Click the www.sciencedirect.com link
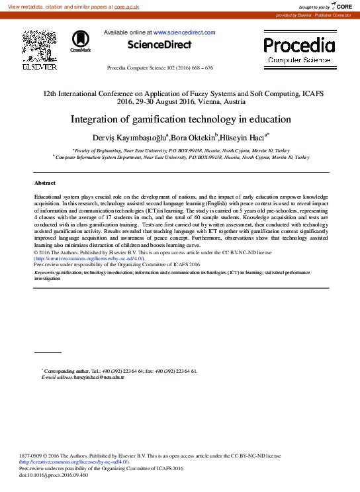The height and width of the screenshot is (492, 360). pyautogui.click(x=184, y=32)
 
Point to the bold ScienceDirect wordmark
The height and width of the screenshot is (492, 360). pyautogui.click(x=159, y=45)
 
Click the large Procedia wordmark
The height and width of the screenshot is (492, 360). pyautogui.click(x=299, y=46)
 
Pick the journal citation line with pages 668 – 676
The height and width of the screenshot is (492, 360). pyautogui.click(x=159, y=68)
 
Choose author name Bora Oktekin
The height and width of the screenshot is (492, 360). pyautogui.click(x=193, y=138)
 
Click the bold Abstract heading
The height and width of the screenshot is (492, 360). pyautogui.click(x=45, y=182)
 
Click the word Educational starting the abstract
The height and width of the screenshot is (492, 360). pyautogui.click(x=51, y=197)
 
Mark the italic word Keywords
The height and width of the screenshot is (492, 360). pyautogui.click(x=44, y=272)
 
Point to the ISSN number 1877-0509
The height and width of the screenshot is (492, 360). pyautogui.click(x=34, y=456)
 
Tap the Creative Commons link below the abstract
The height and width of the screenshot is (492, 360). pyautogui.click(x=84, y=258)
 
